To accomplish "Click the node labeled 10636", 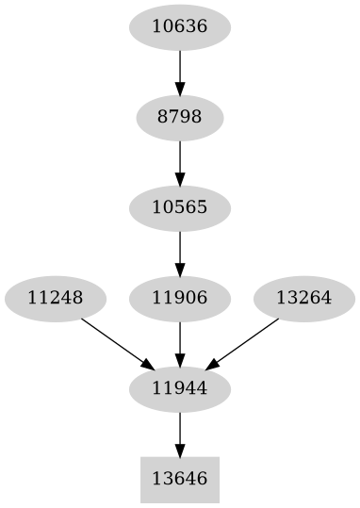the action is point(179,27).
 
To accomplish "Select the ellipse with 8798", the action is point(179,118).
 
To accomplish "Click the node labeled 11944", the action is point(179,388).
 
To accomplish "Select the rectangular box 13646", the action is point(179,480).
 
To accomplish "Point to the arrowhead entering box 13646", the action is point(179,450).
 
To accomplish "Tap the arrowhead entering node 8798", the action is point(179,89).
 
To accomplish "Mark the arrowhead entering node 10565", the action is point(179,179).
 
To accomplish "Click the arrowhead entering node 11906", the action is point(179,270).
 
